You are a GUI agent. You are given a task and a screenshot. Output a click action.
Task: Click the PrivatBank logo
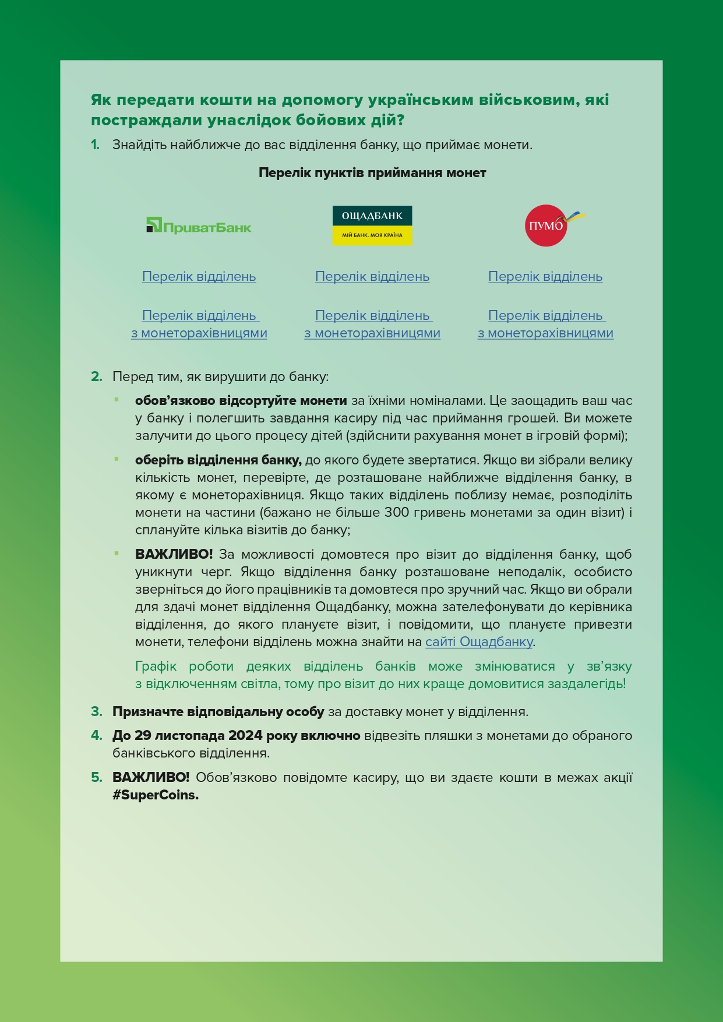click(x=199, y=225)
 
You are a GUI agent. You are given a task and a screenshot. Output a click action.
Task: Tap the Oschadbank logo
click(x=372, y=225)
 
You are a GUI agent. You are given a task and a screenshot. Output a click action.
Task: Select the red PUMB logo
click(x=546, y=225)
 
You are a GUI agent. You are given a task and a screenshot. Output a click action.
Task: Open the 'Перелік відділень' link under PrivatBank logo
click(x=199, y=276)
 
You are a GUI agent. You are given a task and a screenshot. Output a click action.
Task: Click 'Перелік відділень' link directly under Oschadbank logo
click(x=372, y=276)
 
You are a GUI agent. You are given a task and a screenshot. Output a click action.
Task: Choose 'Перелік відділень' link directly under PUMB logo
click(x=545, y=276)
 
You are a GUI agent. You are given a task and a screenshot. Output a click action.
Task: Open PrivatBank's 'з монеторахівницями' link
click(x=199, y=333)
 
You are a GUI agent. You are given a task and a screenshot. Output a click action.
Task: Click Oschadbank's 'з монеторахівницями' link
click(x=372, y=333)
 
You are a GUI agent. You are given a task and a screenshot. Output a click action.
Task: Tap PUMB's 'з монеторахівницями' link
click(x=545, y=333)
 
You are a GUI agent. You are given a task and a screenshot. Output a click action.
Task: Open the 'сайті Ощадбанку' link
click(x=479, y=642)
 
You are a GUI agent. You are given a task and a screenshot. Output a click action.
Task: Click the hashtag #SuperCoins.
click(x=156, y=795)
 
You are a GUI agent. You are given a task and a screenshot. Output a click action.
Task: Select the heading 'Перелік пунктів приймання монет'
click(x=372, y=173)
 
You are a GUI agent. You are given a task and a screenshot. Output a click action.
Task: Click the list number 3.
click(x=96, y=712)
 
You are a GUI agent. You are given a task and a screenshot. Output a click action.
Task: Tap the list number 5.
click(x=96, y=778)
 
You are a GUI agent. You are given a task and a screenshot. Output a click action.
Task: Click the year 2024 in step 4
click(x=245, y=736)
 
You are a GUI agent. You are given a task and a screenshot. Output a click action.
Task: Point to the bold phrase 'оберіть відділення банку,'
click(x=218, y=460)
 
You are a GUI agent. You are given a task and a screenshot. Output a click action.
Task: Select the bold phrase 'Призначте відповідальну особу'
click(x=218, y=712)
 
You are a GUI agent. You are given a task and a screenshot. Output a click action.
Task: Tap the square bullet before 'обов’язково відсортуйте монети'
click(x=117, y=400)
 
